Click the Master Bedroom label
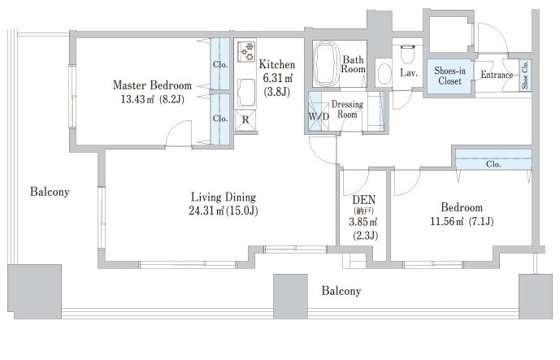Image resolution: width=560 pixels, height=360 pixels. [152, 85]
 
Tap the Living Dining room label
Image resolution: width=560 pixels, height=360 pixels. [223, 197]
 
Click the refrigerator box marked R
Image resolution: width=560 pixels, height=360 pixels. [245, 119]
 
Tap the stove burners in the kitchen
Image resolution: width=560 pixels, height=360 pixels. [245, 51]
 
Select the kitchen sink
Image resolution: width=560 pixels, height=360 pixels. [245, 92]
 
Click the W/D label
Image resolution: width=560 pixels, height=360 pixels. [317, 115]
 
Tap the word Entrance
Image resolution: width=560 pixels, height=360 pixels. [497, 76]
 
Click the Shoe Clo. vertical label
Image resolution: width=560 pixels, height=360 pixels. [525, 76]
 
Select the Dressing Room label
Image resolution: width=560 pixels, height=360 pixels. [347, 109]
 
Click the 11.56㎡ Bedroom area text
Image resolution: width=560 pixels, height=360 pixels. [461, 221]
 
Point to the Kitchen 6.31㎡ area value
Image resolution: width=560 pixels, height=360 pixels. [277, 78]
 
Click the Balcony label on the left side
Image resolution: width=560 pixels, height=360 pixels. [50, 193]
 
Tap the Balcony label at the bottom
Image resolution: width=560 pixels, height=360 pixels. [341, 290]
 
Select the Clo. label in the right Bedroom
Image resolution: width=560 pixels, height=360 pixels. [493, 163]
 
